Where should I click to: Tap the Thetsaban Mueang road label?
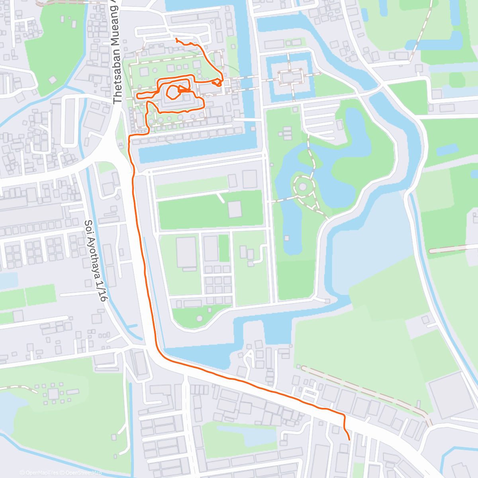point(118,52)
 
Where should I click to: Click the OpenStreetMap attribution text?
point(83,473)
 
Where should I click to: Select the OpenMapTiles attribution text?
point(41,473)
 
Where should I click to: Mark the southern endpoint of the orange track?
point(349,439)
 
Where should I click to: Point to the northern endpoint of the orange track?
point(176,39)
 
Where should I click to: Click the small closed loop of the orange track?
point(173,93)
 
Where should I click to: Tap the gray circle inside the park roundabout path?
point(302,186)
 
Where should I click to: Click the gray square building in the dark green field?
point(235,209)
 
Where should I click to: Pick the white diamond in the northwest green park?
point(53,80)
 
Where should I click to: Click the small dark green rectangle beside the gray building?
point(224,248)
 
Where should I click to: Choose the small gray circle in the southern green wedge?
point(199,318)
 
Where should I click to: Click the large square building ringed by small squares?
point(53,394)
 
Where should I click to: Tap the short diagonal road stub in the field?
point(220,197)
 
